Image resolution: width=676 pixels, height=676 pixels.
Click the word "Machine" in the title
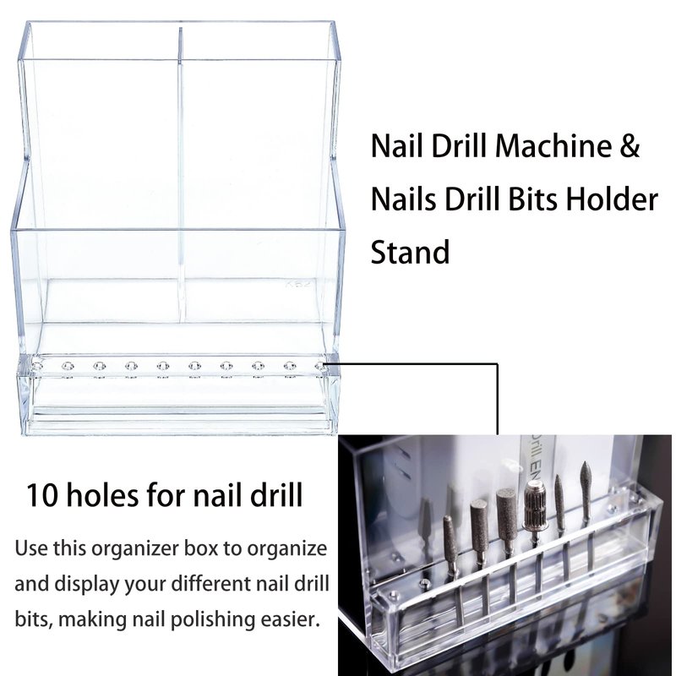553,145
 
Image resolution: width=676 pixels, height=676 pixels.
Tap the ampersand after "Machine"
630,145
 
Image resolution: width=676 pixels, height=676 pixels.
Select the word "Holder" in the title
612,199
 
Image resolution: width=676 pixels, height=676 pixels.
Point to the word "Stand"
410,252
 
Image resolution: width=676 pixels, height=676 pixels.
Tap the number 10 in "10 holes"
41,495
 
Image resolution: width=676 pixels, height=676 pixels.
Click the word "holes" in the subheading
101,494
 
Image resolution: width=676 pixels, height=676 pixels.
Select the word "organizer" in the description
135,550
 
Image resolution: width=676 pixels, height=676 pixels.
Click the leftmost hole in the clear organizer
36,367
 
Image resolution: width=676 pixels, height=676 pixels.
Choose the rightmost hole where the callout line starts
319,367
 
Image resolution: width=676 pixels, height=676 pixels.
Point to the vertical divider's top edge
180,29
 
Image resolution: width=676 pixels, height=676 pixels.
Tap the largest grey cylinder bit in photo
507,515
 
